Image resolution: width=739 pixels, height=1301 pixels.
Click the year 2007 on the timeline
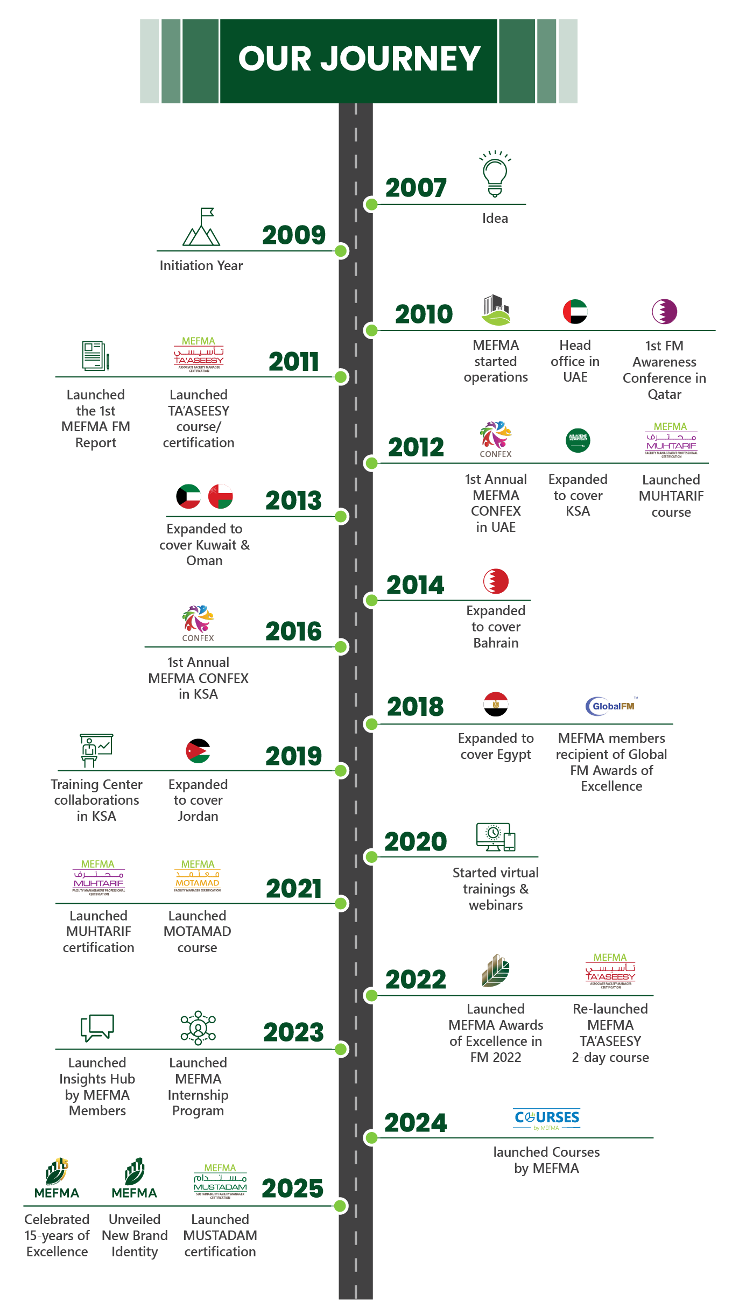(416, 188)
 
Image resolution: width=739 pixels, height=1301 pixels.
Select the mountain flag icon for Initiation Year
(201, 228)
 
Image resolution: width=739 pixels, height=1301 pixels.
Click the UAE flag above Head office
(575, 312)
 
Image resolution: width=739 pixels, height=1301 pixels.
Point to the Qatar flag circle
(664, 312)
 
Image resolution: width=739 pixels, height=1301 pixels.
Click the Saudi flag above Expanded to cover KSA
(578, 441)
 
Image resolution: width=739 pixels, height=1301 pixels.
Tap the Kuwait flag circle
(188, 496)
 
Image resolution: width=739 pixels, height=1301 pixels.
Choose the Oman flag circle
(221, 496)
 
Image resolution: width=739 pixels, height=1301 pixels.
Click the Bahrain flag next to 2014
(496, 581)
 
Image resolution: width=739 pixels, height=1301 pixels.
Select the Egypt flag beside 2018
(496, 705)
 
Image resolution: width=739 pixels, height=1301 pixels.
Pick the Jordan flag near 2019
(198, 751)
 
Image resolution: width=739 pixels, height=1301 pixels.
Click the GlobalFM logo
(611, 706)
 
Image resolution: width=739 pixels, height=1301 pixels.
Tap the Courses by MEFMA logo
(547, 1119)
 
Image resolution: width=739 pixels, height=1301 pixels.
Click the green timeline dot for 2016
(341, 646)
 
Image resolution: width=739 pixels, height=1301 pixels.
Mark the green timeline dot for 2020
(371, 856)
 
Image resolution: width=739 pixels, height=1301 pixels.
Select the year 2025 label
(292, 1189)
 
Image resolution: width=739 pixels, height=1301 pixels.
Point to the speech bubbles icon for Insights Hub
(97, 1028)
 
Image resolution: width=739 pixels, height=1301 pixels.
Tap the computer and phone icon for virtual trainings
(496, 837)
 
